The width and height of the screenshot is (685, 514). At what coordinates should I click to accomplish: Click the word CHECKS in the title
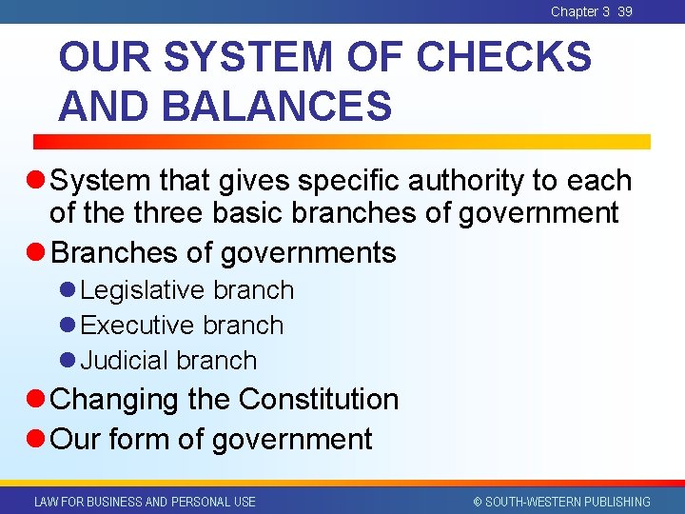pyautogui.click(x=503, y=58)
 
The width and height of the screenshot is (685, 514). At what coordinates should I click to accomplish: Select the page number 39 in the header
pyautogui.click(x=624, y=11)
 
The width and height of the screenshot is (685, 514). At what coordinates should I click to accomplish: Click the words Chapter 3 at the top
pyautogui.click(x=580, y=11)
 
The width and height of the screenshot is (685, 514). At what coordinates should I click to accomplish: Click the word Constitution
pyautogui.click(x=319, y=399)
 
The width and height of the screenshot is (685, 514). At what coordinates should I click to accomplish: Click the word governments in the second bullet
pyautogui.click(x=308, y=253)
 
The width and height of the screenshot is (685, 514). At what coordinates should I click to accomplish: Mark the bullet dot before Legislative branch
pyautogui.click(x=68, y=290)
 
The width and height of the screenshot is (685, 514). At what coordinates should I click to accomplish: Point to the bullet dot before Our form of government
pyautogui.click(x=37, y=440)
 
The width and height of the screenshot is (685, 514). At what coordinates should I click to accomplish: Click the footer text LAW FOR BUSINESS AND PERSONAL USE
pyautogui.click(x=145, y=502)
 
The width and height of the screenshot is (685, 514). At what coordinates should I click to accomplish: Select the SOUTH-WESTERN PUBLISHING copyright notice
pyautogui.click(x=560, y=502)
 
